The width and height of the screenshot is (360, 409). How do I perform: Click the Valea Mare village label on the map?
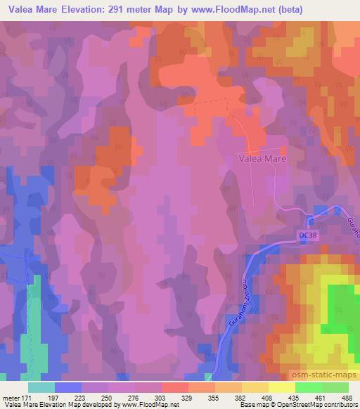259,159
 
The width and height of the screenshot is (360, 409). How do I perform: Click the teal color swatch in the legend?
41,387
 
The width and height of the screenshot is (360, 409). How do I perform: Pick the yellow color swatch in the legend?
282,387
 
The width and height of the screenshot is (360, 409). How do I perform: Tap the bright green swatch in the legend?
309,387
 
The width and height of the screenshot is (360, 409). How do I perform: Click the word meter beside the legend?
11,397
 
